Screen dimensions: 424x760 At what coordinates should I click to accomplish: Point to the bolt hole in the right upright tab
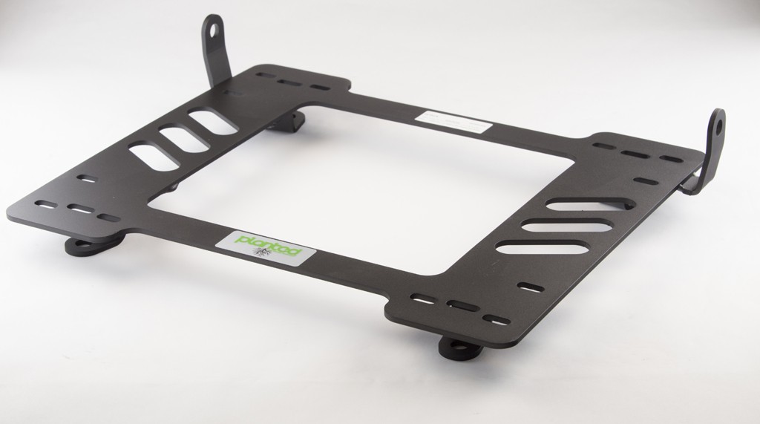(718, 125)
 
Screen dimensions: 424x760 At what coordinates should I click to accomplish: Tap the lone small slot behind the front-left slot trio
(87, 179)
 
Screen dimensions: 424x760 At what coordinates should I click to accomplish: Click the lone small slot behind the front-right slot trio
(531, 286)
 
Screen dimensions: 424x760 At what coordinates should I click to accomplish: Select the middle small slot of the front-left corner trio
(78, 209)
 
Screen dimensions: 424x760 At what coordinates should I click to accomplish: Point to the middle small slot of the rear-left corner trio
(287, 82)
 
